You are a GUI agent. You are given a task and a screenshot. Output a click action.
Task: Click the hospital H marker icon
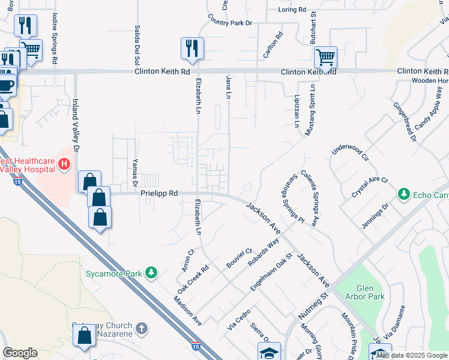[64, 163]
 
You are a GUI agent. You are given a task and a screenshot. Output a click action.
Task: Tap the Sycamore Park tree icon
[152, 273]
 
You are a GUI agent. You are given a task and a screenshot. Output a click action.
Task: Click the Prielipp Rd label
[160, 194]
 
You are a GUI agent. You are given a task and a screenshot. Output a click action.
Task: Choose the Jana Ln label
[228, 87]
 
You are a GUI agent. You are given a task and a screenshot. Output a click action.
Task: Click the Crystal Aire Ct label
[370, 188]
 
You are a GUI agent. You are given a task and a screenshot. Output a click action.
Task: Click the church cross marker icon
[141, 328]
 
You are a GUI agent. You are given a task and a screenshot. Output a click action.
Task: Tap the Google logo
[20, 353]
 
